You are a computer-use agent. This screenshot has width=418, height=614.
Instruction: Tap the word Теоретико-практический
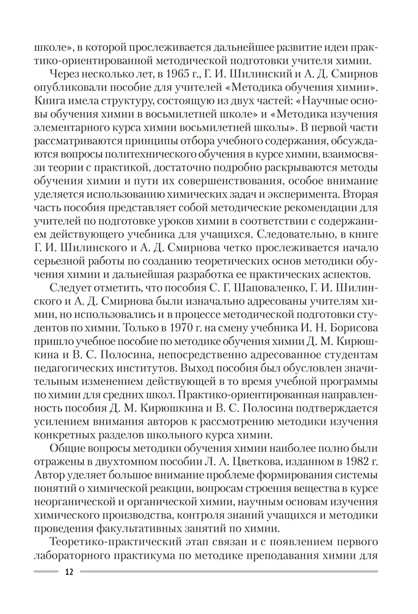[119, 542]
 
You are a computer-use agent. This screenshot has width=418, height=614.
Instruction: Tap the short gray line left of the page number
[45, 571]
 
